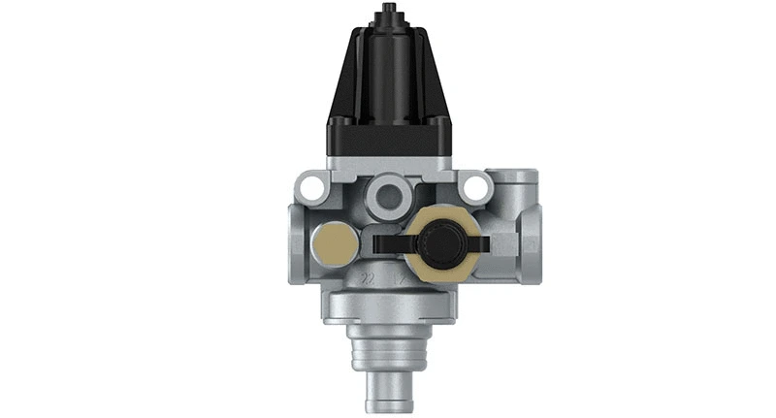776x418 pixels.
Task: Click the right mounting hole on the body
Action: pyautogui.click(x=474, y=184)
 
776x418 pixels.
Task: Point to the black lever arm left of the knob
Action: pyautogui.click(x=389, y=236)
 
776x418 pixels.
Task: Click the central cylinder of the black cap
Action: pyautogui.click(x=390, y=68)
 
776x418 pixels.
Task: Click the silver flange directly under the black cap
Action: pyautogui.click(x=390, y=164)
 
